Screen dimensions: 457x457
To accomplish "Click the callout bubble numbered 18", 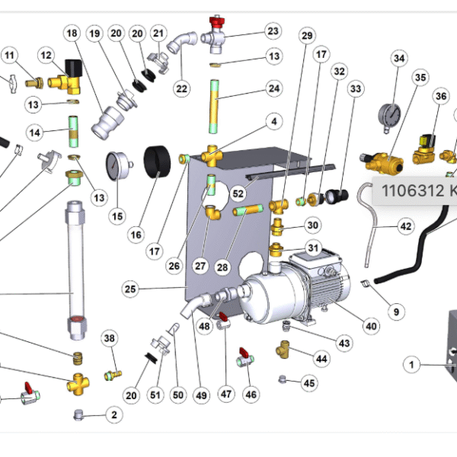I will coord(72,34).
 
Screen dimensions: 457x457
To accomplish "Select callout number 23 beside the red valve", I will coord(273,32).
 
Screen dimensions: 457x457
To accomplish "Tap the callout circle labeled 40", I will coord(370,327).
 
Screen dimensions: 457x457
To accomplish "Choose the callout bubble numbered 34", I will coord(399,59).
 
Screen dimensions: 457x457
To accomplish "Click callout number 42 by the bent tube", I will coord(405,226).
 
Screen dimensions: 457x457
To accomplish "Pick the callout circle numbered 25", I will coord(130,289).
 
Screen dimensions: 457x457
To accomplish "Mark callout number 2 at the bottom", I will coord(114,415).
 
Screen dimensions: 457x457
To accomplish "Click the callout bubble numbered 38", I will coord(110,339).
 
